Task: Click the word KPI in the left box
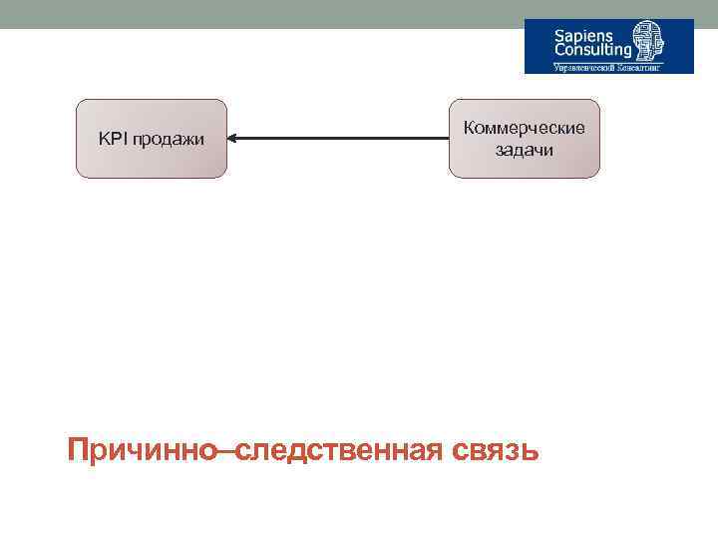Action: pyautogui.click(x=112, y=139)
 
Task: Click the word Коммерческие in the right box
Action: pyautogui.click(x=525, y=129)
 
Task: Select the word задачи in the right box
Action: pyautogui.click(x=525, y=151)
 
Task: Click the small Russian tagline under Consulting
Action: pyautogui.click(x=609, y=68)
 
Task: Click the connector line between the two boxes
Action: pyautogui.click(x=339, y=139)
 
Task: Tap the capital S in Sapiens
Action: pyautogui.click(x=560, y=34)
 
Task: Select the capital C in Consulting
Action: pyautogui.click(x=561, y=50)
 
